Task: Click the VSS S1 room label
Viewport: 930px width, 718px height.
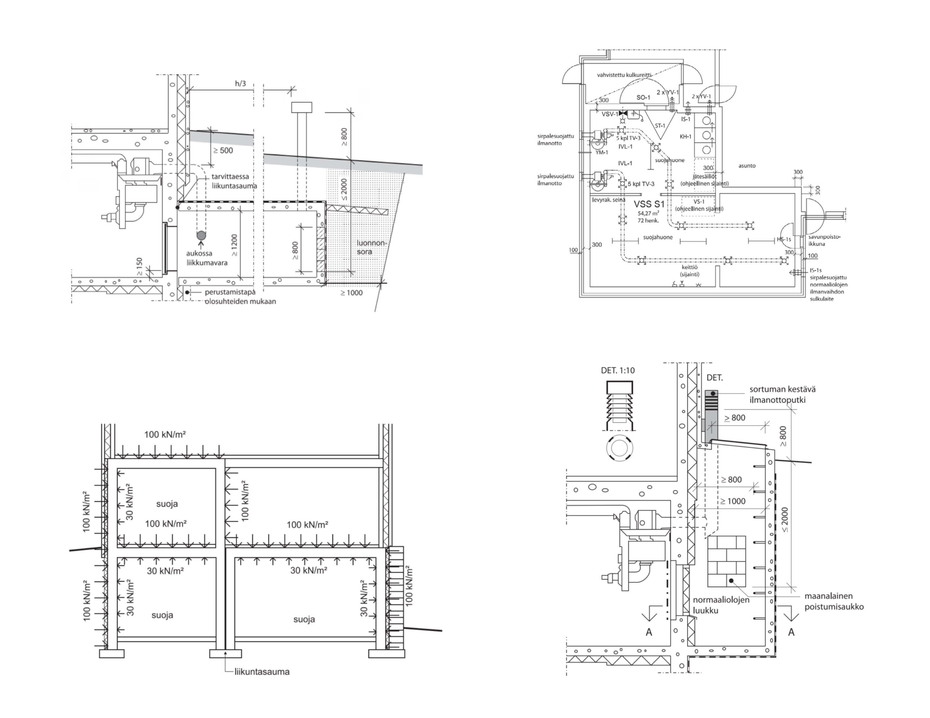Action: click(x=649, y=204)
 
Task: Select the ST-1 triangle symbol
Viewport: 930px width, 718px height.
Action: click(x=660, y=125)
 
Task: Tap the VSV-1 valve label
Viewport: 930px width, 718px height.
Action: click(x=609, y=114)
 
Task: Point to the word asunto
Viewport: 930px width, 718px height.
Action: click(x=747, y=166)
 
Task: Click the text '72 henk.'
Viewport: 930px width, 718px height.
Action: click(x=648, y=220)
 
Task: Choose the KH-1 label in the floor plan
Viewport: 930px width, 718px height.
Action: click(x=685, y=137)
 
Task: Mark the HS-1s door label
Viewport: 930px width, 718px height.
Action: click(x=783, y=239)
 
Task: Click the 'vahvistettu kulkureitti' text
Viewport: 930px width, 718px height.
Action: click(x=624, y=75)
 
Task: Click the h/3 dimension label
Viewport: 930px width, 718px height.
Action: click(x=241, y=83)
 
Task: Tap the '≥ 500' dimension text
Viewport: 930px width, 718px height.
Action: click(x=223, y=150)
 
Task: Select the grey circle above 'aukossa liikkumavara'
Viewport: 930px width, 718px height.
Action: click(x=201, y=235)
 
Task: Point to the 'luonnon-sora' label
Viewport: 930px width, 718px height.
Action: click(x=370, y=247)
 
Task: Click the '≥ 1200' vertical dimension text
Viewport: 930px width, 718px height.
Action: click(x=234, y=245)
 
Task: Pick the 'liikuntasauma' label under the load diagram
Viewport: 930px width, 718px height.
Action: click(x=262, y=671)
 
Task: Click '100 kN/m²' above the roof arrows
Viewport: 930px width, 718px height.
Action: click(x=165, y=434)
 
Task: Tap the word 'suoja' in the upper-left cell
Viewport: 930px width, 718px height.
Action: click(x=167, y=504)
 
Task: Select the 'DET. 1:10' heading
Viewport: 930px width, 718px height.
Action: click(x=617, y=370)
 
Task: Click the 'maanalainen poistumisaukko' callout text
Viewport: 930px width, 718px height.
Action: click(x=834, y=601)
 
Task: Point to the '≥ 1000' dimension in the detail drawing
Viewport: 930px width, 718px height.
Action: click(x=732, y=501)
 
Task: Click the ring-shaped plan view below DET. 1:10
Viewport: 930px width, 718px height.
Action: click(x=619, y=448)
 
